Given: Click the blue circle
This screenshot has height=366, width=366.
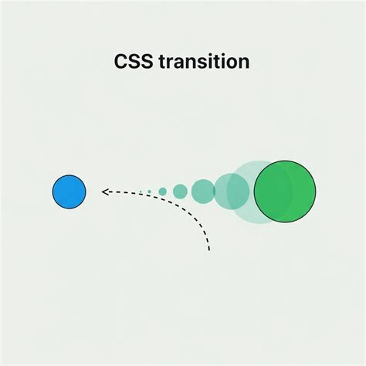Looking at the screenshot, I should (x=69, y=191).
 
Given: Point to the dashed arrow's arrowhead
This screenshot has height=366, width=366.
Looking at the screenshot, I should (x=105, y=191).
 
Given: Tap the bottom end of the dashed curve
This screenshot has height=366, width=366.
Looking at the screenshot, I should (x=209, y=249).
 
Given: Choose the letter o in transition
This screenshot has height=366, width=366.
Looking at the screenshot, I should (x=232, y=63).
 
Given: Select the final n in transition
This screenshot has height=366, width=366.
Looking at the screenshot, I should (x=243, y=63).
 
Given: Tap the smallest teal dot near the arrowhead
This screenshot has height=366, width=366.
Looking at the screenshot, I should (x=149, y=191).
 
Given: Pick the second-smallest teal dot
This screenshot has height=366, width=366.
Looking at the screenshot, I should (x=162, y=191).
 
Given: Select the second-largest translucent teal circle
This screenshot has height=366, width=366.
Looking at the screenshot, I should (x=231, y=191).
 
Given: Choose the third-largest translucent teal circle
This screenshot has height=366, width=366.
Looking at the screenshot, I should (x=203, y=191).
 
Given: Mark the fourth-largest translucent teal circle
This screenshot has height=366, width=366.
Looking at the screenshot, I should (x=180, y=191).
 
